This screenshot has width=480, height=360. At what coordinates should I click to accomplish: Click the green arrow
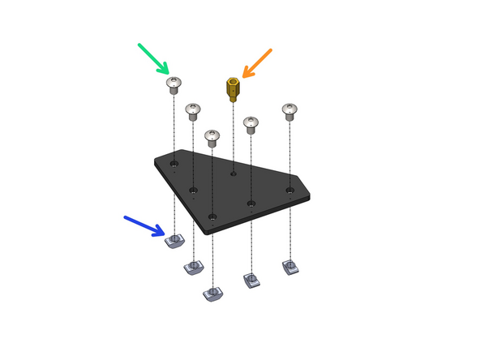(x=153, y=58)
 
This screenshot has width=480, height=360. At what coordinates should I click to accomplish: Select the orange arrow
(x=256, y=62)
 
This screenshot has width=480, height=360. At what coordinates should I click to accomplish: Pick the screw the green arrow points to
(x=174, y=84)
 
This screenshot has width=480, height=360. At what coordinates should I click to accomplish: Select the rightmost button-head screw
(x=289, y=111)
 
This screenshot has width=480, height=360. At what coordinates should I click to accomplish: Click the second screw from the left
(x=193, y=110)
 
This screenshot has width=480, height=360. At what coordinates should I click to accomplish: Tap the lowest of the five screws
(x=212, y=137)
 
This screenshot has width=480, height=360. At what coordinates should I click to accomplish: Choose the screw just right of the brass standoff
(x=251, y=124)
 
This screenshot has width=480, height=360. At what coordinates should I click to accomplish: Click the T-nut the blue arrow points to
(x=175, y=239)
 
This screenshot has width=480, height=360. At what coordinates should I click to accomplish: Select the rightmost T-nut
(x=290, y=266)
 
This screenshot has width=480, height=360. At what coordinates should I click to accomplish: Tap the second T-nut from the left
(x=194, y=267)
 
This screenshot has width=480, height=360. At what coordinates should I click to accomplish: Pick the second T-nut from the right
(x=251, y=281)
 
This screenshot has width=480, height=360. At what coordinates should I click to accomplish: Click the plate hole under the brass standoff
(x=234, y=173)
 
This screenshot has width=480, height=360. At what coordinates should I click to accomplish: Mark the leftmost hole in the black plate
(x=174, y=164)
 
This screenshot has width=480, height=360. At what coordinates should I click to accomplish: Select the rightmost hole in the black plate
(x=290, y=191)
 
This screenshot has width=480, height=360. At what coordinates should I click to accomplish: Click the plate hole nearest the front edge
(x=212, y=216)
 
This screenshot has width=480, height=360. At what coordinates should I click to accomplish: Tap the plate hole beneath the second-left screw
(x=193, y=191)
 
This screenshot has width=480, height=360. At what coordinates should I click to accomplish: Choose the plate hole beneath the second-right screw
(x=251, y=204)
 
